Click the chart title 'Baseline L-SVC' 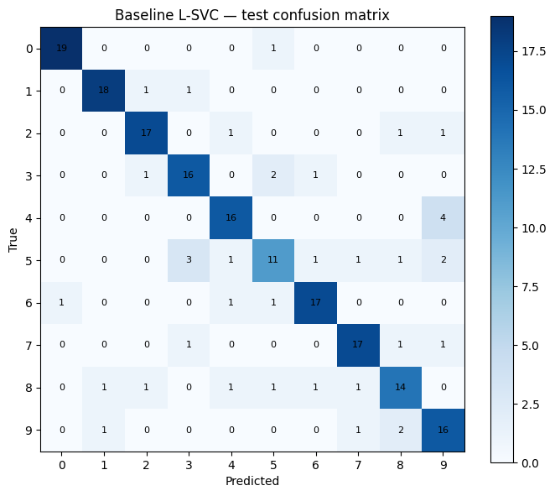(252, 15)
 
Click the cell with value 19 (61, 49)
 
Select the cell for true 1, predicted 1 (104, 90)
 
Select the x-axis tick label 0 (61, 465)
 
